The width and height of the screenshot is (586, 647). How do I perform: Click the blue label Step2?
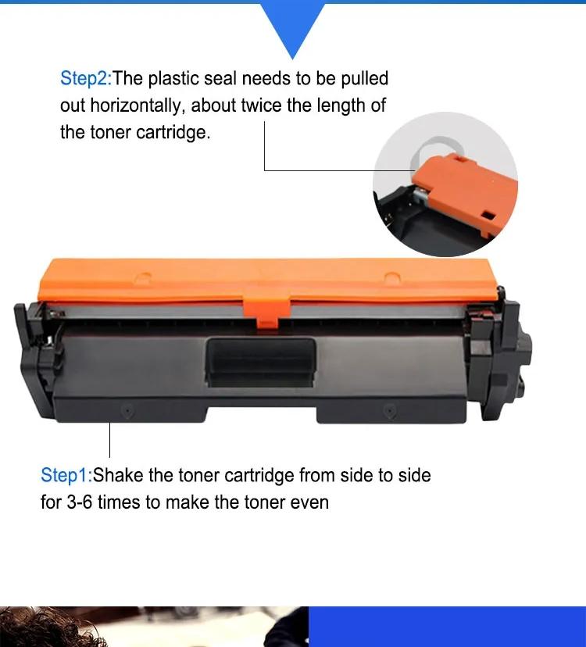tap(86, 78)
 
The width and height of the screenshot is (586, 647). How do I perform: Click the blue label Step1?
tap(66, 475)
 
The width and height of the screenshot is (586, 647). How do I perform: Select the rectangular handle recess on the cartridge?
tap(261, 363)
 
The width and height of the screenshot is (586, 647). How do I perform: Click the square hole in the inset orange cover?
tap(488, 216)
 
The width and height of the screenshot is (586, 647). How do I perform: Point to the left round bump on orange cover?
tap(142, 277)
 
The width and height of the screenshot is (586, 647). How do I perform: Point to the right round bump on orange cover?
tap(391, 277)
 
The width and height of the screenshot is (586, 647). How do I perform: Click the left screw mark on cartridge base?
tap(127, 411)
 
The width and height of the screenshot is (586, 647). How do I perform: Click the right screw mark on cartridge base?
tap(390, 410)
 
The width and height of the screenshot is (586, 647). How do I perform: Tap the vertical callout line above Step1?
tap(109, 440)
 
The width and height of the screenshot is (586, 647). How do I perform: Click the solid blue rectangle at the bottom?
tap(447, 627)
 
